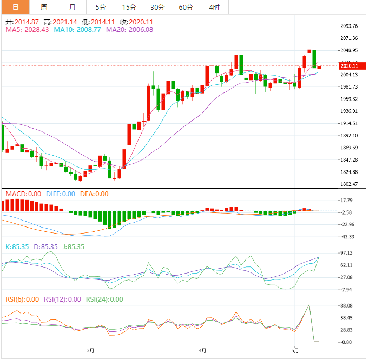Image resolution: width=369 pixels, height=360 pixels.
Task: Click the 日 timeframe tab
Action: [x=15, y=7]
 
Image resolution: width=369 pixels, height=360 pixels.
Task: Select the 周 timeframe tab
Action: [x=44, y=7]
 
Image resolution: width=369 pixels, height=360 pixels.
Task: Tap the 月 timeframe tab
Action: [x=73, y=7]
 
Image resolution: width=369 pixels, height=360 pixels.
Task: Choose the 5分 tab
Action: [x=101, y=7]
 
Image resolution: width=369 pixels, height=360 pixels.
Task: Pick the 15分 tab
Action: [x=129, y=7]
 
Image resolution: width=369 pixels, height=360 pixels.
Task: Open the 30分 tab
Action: [x=157, y=7]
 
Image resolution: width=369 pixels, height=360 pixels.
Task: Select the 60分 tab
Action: [x=186, y=7]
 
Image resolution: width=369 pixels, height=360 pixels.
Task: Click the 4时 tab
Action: [x=214, y=7]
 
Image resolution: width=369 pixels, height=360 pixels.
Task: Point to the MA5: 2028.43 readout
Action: [x=27, y=30]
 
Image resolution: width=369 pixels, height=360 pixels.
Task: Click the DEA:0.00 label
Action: [x=95, y=194]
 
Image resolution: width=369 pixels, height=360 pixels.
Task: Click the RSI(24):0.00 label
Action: [x=104, y=299]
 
